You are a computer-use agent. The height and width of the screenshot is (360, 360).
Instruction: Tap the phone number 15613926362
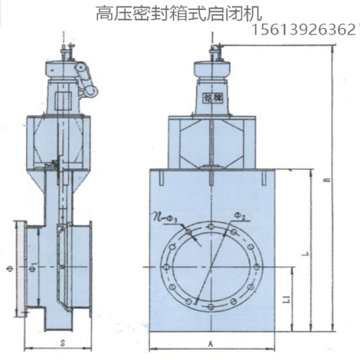tap(305, 30)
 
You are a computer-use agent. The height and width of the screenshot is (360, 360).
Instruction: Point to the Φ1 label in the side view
tap(33, 267)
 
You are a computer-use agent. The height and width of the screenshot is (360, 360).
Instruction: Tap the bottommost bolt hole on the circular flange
tap(209, 305)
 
